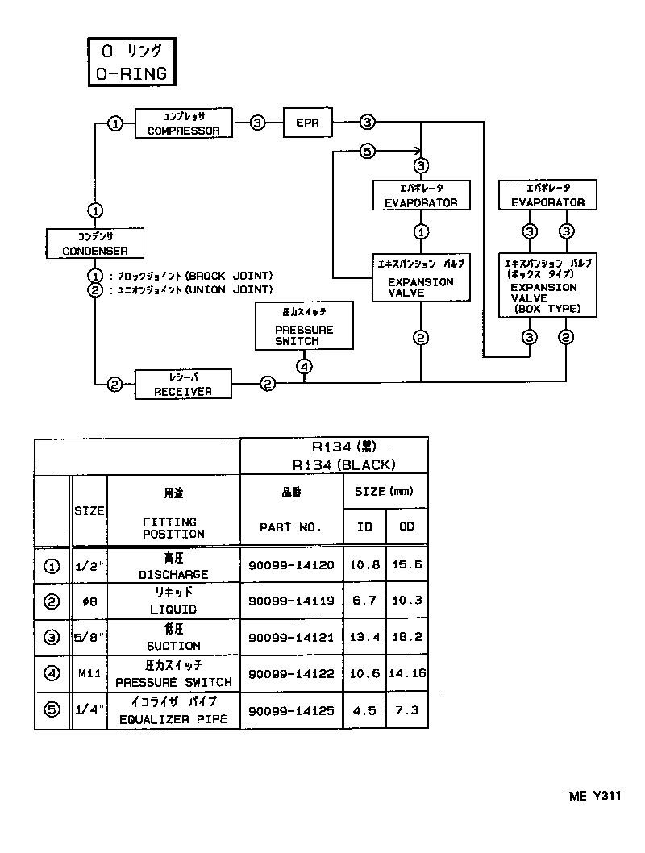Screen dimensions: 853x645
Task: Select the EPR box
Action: point(307,123)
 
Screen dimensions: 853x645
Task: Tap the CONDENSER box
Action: point(95,243)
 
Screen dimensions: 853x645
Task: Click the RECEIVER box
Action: point(183,385)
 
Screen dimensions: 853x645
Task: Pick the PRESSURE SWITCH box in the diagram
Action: point(304,327)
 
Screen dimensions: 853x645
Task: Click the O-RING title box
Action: point(131,62)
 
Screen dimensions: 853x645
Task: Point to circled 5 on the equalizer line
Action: point(367,151)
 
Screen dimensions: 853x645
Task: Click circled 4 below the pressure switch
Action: point(304,366)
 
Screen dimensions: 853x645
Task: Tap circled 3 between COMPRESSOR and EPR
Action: point(257,123)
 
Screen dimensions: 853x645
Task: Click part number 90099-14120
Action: point(291,565)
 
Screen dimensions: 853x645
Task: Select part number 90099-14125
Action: point(291,711)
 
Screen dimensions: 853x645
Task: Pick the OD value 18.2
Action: point(406,637)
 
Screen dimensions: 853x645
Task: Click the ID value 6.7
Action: point(364,601)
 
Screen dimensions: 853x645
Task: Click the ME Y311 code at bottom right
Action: point(594,796)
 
